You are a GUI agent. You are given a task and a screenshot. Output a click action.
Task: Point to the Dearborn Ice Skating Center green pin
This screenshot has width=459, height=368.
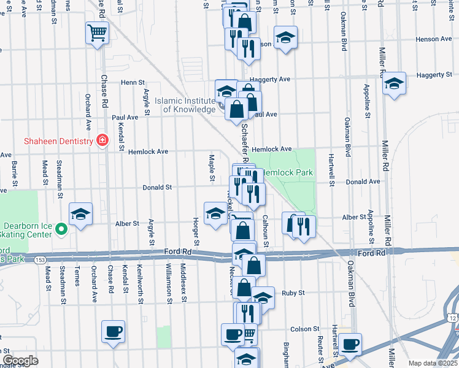coord(61,229)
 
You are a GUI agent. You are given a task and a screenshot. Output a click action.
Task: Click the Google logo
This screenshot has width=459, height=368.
coord(20,361)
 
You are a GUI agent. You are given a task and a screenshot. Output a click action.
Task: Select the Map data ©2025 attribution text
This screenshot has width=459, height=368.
coord(433,363)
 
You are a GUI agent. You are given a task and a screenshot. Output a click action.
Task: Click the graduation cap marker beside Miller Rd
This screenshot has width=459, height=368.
coord(394,83)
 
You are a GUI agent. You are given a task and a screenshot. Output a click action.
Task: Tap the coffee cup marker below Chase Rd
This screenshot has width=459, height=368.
coord(114,332)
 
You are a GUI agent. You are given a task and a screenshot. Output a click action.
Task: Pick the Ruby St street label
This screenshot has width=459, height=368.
coord(293,293)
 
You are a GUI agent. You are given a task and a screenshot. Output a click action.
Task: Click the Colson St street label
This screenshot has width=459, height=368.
coord(301,329)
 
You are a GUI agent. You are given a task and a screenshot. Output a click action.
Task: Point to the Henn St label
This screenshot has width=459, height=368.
coord(133,82)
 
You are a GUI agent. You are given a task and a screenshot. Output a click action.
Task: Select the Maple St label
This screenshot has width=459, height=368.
coord(212,167)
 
